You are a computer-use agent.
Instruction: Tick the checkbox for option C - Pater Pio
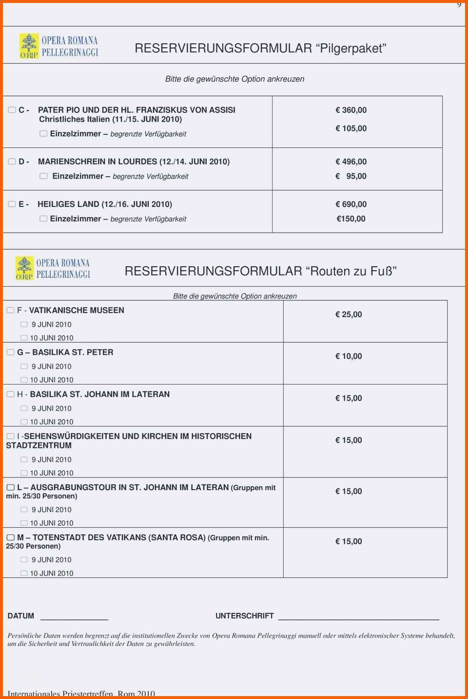coord(12,110)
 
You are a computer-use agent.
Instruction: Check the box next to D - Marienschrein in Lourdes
coord(12,162)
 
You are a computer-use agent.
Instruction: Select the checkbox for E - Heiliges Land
coord(12,204)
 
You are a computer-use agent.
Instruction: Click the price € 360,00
coord(351,110)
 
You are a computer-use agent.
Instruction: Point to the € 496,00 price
coord(351,162)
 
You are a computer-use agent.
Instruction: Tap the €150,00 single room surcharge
coord(351,219)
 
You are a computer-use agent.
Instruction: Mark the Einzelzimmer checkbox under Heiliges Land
coord(43,219)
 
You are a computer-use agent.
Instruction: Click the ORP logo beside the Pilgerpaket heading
coord(29,46)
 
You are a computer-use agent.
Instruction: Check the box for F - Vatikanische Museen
coord(11,311)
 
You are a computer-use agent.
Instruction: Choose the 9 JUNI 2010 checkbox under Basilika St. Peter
coord(24,367)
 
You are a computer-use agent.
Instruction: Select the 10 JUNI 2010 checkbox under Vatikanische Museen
coord(24,338)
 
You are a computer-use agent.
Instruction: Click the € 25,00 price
coord(349,314)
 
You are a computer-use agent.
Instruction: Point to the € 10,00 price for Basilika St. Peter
coord(349,356)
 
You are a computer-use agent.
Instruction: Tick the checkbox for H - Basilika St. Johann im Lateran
coord(11,394)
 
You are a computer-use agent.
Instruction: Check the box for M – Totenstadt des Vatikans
coord(11,537)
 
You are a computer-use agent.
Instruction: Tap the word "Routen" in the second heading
coord(328,271)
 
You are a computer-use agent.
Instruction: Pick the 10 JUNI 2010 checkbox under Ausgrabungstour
coord(24,523)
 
